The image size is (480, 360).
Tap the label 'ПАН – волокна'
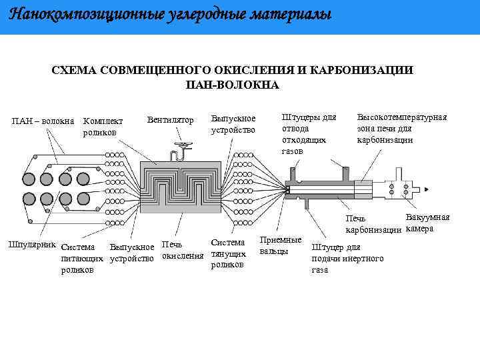point(43,121)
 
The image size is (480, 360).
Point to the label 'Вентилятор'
point(170,120)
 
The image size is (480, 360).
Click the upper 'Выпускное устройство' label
point(233,124)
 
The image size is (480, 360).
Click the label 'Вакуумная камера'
point(427,223)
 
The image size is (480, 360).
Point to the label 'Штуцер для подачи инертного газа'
point(347,259)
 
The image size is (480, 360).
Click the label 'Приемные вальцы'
point(280,245)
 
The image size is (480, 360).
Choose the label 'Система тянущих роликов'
point(228,253)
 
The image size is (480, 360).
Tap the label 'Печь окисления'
point(182,251)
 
